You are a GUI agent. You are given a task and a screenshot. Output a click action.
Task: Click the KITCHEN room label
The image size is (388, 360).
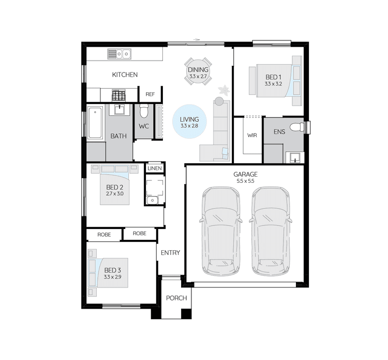point(125,75)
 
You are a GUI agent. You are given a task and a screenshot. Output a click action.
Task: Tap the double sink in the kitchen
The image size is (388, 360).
point(120,53)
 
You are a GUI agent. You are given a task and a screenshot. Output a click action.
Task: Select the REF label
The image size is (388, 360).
point(150,94)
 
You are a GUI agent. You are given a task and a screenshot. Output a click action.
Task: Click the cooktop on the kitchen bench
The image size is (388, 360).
point(119,95)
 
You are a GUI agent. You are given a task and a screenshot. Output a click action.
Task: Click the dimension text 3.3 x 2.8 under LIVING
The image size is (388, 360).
point(189,126)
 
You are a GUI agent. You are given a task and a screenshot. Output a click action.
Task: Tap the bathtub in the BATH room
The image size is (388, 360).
point(95,123)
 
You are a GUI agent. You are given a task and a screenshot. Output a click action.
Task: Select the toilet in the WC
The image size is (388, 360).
point(144,111)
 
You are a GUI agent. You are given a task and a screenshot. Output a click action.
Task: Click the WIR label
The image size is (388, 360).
point(252,135)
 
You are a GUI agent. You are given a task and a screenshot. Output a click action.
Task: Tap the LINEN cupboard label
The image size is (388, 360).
point(155,169)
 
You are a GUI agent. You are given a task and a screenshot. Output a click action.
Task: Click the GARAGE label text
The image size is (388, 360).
point(245,175)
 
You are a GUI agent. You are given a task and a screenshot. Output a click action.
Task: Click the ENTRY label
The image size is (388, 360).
point(170,253)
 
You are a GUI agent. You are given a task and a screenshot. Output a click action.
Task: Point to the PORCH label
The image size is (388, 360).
point(176,298)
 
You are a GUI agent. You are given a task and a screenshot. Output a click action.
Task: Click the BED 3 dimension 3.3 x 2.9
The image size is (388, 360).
point(112,277)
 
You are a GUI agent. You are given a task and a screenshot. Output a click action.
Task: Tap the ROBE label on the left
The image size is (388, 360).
point(104,235)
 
